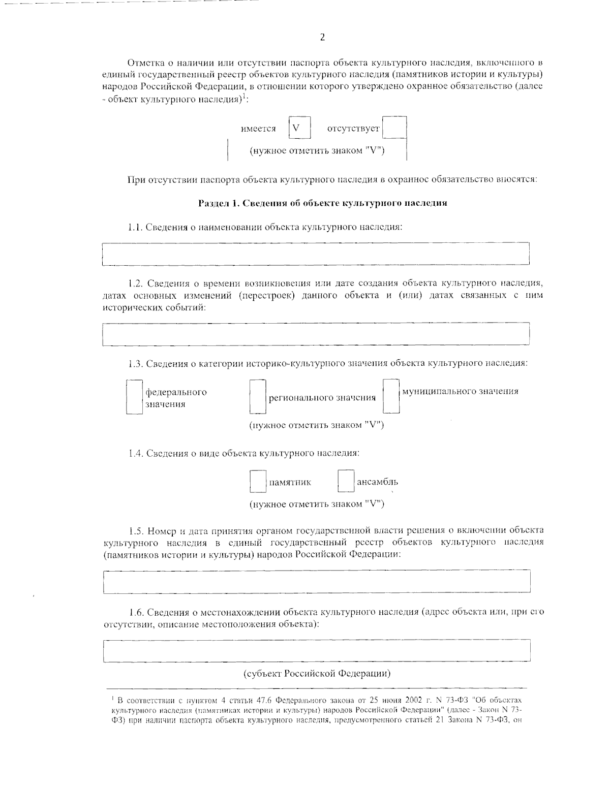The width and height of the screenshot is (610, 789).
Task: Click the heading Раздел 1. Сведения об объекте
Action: [x=322, y=203]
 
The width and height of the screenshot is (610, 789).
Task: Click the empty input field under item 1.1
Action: [x=316, y=254]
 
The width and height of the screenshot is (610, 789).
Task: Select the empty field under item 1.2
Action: [x=316, y=333]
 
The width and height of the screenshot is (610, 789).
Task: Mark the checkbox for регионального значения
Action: [x=258, y=397]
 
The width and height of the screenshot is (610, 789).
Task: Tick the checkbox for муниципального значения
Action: [x=391, y=396]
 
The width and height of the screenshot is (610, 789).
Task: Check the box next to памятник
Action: [x=258, y=481]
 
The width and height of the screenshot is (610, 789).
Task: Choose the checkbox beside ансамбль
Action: [x=346, y=481]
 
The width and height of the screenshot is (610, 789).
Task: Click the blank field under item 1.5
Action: [x=317, y=581]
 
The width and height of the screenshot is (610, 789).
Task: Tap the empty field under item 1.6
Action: [x=317, y=651]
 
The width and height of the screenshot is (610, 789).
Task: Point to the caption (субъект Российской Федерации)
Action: [x=317, y=674]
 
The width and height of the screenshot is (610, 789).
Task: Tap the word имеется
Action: [x=258, y=129]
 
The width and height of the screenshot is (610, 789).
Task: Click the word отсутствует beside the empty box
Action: [x=353, y=129]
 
